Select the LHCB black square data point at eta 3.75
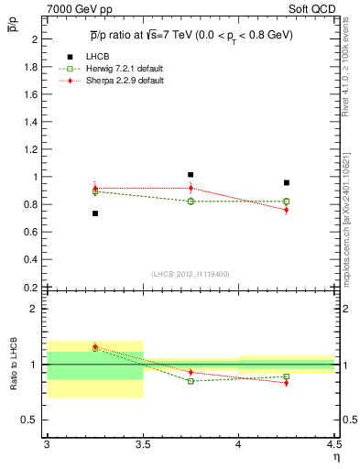click(191, 175)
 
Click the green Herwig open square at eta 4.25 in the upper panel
click(287, 202)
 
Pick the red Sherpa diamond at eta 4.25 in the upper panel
click(287, 210)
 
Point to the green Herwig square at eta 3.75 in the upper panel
click(191, 202)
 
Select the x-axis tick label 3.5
click(143, 444)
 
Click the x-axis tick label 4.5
click(333, 444)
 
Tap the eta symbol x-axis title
click(335, 456)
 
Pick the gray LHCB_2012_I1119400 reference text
click(191, 274)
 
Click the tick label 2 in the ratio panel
click(35, 309)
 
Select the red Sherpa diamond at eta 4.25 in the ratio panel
click(287, 382)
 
